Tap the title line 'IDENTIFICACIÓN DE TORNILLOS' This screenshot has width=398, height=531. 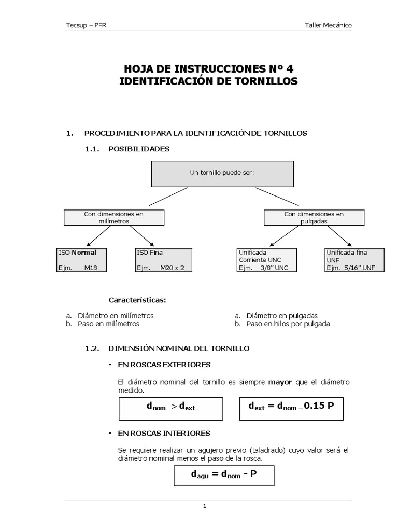(209, 81)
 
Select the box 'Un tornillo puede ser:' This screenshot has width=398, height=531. (222, 174)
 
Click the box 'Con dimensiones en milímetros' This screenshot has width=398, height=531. (113, 217)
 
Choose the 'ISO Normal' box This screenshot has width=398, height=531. (83, 260)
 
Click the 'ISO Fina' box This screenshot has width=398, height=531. (163, 260)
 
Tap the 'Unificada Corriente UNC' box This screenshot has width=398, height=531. (266, 260)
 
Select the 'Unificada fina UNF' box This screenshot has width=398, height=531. (354, 260)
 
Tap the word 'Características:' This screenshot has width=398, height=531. (137, 300)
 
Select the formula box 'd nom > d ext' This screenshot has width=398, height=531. (170, 408)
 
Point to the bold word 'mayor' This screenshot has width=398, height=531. (280, 382)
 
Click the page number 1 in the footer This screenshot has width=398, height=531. (205, 507)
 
